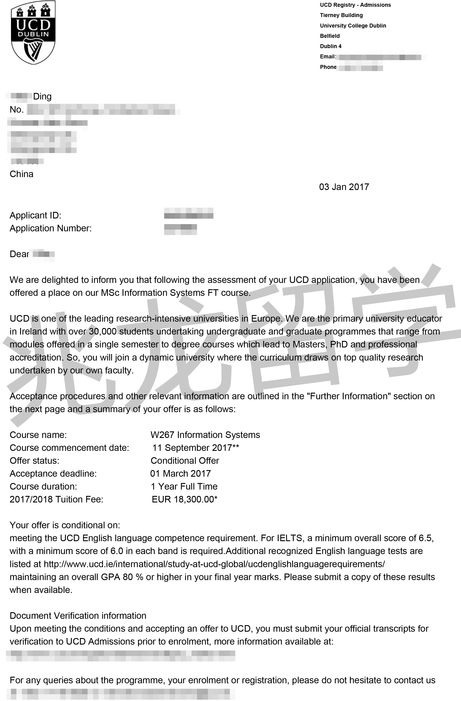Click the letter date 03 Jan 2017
(344, 187)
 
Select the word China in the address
(21, 174)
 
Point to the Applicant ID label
(35, 215)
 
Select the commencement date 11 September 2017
(192, 448)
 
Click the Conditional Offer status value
(185, 461)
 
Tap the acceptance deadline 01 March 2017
(181, 474)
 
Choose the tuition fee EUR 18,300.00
(184, 500)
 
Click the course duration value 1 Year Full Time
(184, 487)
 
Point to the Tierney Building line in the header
(341, 15)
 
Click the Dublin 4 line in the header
(331, 46)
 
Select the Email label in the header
(328, 57)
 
